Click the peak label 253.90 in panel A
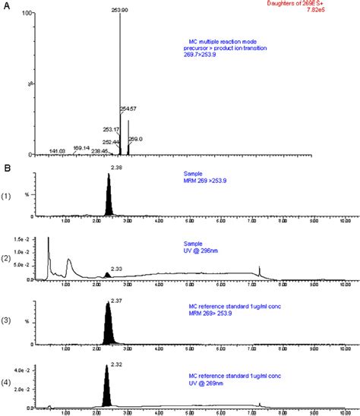pos(120,10)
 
